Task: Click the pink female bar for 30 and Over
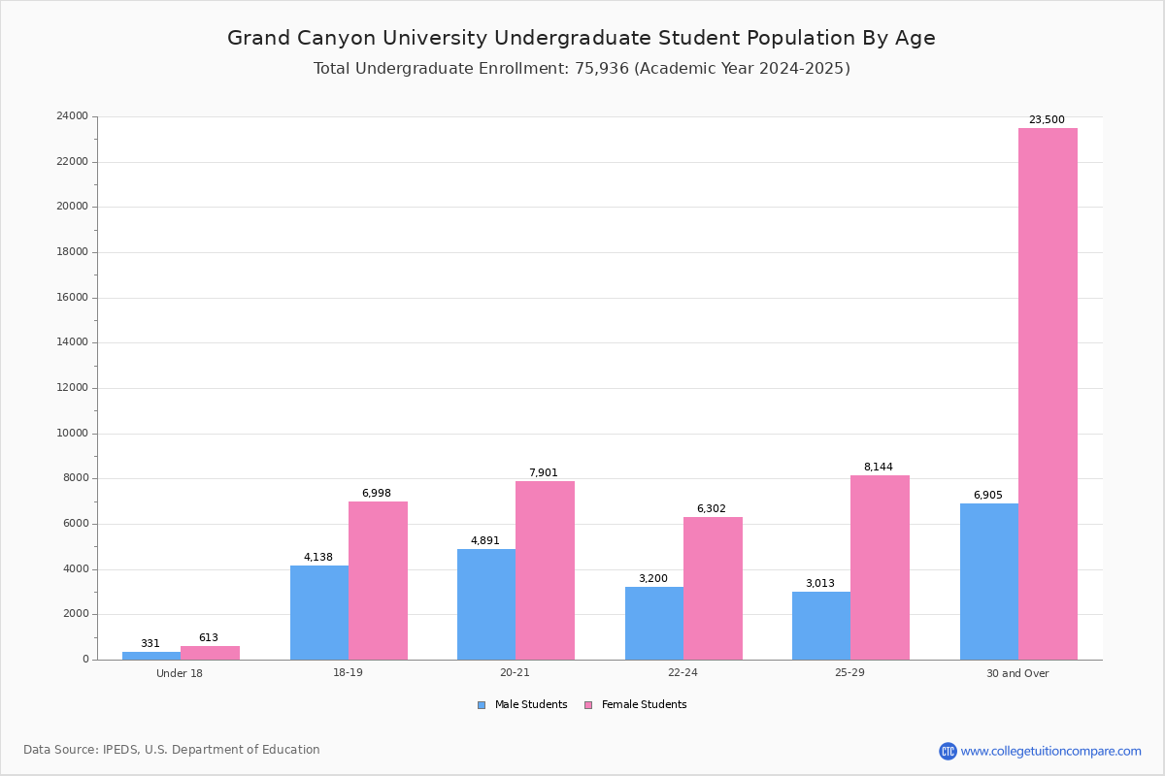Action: coord(1048,394)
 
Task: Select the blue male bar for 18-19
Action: coord(319,612)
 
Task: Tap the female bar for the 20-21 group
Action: coord(545,570)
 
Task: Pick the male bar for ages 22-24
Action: coord(654,623)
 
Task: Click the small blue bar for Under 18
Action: coord(151,656)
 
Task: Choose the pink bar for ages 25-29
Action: coord(880,567)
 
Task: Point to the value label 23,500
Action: coord(1047,120)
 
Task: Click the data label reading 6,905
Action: coord(987,496)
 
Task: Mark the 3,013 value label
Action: coord(820,584)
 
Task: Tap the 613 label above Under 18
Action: coord(209,638)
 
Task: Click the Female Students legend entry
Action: coord(636,705)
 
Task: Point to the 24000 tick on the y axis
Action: coord(72,116)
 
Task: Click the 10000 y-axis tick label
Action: coord(72,434)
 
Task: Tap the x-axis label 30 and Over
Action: coord(1017,673)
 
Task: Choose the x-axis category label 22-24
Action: coord(682,673)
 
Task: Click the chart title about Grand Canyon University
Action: coord(582,38)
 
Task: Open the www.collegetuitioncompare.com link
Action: coord(1050,751)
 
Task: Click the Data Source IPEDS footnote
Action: coord(172,750)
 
